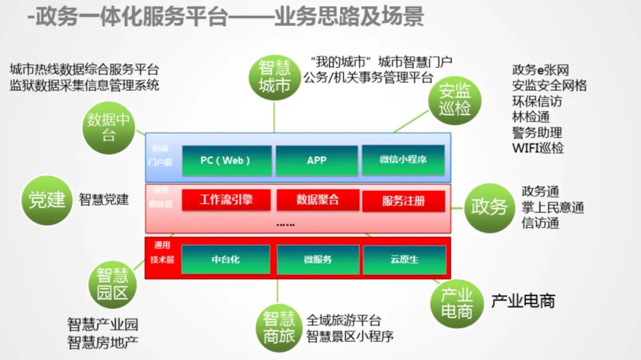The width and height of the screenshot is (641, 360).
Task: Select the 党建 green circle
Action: (47, 200)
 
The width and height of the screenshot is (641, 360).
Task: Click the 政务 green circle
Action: (489, 207)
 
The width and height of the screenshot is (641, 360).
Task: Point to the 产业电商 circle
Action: (456, 303)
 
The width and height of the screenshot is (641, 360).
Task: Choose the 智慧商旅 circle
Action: (278, 328)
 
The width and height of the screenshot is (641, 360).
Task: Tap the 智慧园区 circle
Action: (112, 283)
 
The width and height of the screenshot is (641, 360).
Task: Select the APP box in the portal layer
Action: (316, 160)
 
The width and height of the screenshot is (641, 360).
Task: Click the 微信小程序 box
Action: (403, 160)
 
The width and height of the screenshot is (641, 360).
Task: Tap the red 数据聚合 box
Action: (318, 200)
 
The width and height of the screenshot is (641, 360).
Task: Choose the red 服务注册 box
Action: (403, 201)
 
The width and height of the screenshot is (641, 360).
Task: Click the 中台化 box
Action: (226, 260)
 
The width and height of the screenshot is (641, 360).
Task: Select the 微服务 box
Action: (318, 260)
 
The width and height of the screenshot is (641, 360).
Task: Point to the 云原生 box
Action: (404, 260)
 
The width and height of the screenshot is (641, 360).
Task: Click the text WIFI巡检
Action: (538, 148)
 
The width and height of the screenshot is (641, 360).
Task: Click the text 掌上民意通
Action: (553, 208)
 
